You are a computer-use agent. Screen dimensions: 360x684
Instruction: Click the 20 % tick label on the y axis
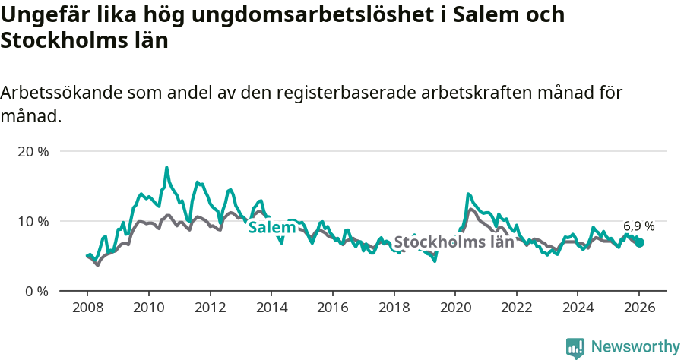pos(33,151)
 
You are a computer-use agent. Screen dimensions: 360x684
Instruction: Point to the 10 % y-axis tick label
pos(33,221)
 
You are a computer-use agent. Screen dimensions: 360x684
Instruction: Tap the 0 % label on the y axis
pos(36,291)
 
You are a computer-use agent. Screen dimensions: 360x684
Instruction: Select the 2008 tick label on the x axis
pos(87,308)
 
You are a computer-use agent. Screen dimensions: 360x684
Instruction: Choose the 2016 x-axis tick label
pos(332,308)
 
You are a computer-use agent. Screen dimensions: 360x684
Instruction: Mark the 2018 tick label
pos(394,308)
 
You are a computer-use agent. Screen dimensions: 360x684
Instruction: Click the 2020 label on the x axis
pos(455,308)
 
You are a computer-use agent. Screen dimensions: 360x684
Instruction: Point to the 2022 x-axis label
pos(517,308)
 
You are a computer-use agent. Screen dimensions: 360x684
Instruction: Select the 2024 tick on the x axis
pos(578,308)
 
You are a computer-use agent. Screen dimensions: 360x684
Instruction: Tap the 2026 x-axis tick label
pos(639,308)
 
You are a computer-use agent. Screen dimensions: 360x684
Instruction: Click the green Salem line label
pos(272,228)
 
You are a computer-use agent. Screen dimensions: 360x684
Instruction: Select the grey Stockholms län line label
pos(454,242)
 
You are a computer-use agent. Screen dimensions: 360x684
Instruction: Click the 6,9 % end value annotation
pos(639,226)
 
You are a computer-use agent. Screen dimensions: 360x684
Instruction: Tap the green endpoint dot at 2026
pos(640,242)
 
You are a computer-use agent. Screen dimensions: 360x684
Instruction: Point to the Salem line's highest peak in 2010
pos(166,168)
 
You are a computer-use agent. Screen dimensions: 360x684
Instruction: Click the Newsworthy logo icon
pos(575,348)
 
